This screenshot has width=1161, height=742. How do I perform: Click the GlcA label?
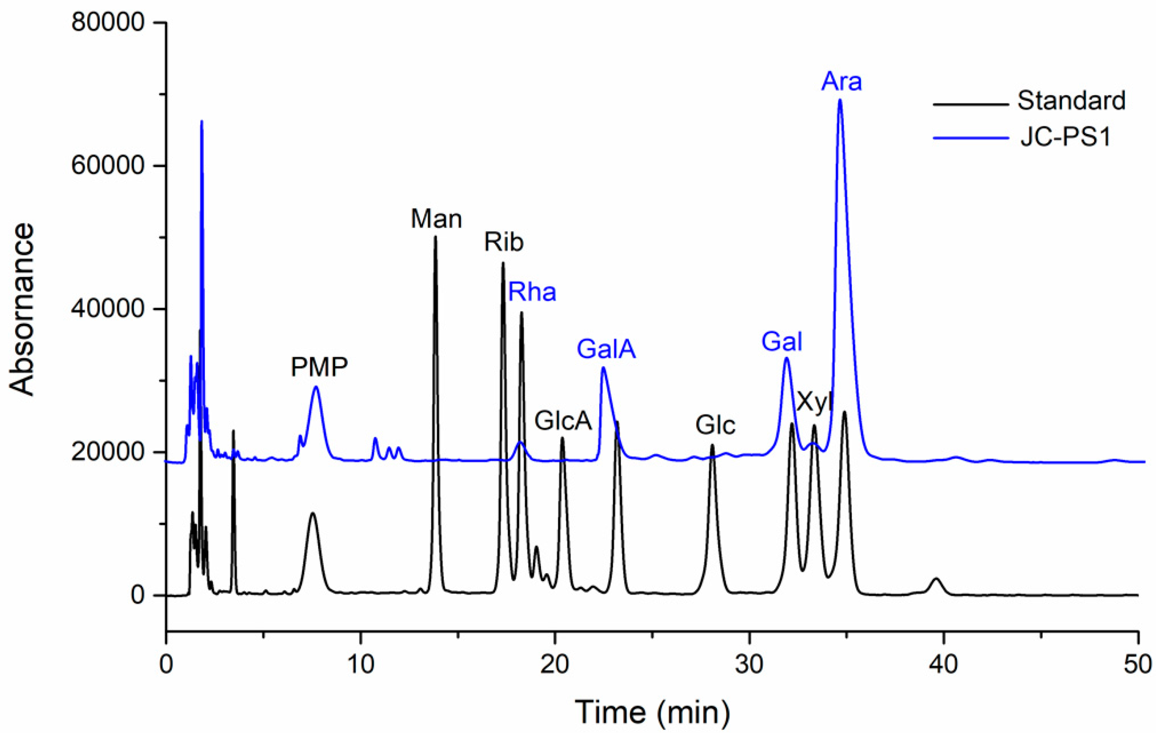(563, 421)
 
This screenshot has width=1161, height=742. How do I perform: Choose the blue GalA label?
(606, 349)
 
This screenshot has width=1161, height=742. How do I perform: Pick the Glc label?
(715, 425)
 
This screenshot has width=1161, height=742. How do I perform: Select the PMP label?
(319, 367)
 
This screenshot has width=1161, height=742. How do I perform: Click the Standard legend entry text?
(1071, 101)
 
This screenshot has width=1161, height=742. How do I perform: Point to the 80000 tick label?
(108, 23)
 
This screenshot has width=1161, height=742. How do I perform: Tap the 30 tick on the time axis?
(749, 665)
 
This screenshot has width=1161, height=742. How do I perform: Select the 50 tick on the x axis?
(1138, 665)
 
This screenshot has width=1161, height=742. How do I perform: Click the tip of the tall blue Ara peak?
(840, 100)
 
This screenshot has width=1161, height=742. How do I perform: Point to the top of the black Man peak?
(435, 236)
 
